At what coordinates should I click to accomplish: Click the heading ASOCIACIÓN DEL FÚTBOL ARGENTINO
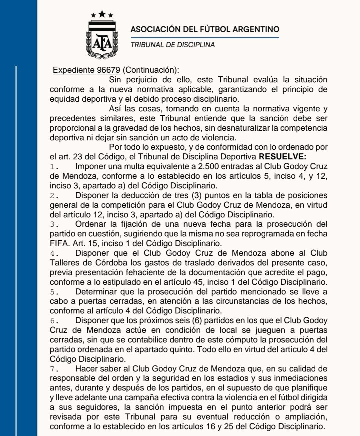(x=205, y=29)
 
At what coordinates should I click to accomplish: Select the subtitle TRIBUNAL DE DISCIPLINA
(x=172, y=45)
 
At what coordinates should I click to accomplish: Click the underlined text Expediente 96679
(x=86, y=70)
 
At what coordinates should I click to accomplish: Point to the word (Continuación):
(x=151, y=70)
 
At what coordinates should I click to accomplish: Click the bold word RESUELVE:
(x=282, y=157)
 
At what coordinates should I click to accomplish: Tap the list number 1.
(x=54, y=167)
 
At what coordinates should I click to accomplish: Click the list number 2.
(x=54, y=196)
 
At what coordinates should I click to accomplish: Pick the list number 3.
(x=54, y=224)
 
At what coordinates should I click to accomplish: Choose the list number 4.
(x=54, y=253)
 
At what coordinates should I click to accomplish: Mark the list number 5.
(x=54, y=292)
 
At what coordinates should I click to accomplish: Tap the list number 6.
(x=54, y=321)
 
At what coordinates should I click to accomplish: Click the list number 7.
(x=54, y=369)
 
